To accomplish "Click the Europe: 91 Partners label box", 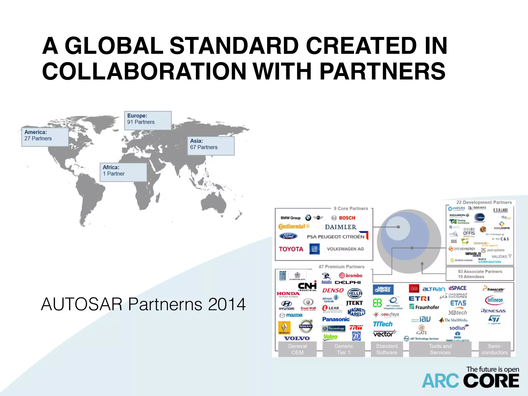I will pyautogui.click(x=148, y=120).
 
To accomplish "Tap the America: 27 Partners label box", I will pyautogui.click(x=45, y=137).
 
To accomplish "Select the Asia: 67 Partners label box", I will pyautogui.click(x=211, y=146).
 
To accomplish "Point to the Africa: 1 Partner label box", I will pyautogui.click(x=123, y=172).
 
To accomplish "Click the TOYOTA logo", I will pyautogui.click(x=291, y=249).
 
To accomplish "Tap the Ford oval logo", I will pyautogui.click(x=288, y=236).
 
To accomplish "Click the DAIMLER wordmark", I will pyautogui.click(x=341, y=227).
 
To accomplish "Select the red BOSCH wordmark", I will pyautogui.click(x=347, y=218).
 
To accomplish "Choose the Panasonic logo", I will pyautogui.click(x=336, y=319).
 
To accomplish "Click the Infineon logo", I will pyautogui.click(x=494, y=300).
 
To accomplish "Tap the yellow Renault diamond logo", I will pyautogui.click(x=284, y=327).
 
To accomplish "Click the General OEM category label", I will pyautogui.click(x=297, y=349).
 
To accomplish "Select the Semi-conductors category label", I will pyautogui.click(x=494, y=349).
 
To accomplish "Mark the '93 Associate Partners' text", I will pyautogui.click(x=480, y=271).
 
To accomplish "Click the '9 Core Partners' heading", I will pyautogui.click(x=351, y=208).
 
